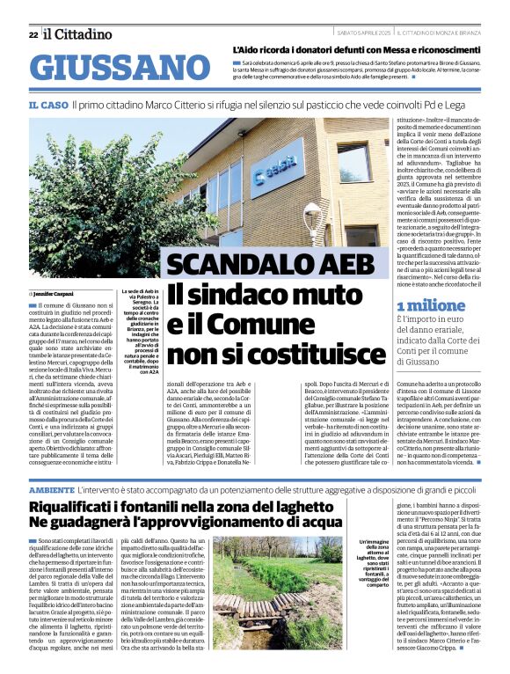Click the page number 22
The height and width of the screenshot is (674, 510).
33,34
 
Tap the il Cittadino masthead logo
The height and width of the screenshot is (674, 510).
78,34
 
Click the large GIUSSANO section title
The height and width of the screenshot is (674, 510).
114,68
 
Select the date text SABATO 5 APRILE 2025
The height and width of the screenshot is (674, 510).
363,33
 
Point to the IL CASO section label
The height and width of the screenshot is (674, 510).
47,104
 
